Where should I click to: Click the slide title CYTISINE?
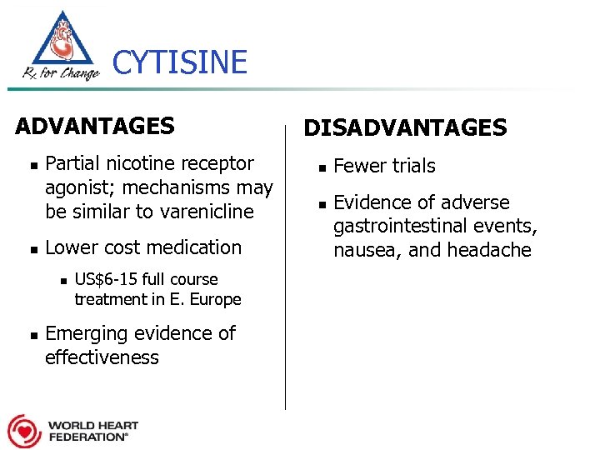[x=179, y=62]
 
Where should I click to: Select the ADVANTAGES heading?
[x=95, y=126]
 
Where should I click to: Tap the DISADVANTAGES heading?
[x=405, y=127]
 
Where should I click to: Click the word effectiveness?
[x=102, y=357]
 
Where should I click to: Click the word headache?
[x=492, y=250]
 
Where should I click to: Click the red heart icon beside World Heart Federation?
[x=24, y=430]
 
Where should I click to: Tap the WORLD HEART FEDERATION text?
[x=92, y=430]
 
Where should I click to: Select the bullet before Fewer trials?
[x=321, y=167]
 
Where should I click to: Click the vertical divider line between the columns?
[x=286, y=267]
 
